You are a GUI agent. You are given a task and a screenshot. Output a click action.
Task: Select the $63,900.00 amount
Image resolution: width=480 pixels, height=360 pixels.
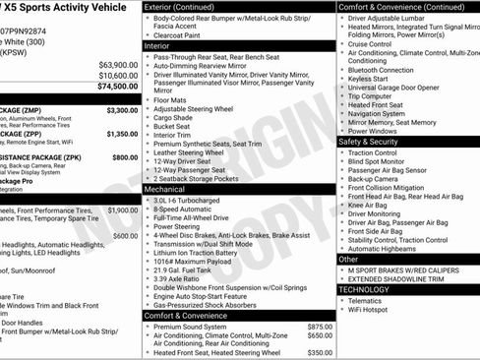coord(118,65)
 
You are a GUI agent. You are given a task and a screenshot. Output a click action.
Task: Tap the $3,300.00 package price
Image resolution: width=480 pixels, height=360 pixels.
coord(122,110)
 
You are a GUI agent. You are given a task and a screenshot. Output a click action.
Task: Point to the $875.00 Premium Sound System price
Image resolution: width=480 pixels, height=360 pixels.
coord(320,326)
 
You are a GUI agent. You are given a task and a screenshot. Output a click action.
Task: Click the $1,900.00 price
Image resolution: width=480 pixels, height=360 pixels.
coord(122,210)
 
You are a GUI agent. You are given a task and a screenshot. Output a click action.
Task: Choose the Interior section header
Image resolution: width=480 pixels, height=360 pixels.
coord(156,46)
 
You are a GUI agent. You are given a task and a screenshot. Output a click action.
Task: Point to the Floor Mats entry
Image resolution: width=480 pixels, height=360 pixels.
coord(171,99)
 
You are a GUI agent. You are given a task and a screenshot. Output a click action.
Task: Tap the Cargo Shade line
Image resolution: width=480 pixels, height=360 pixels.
coord(175,117)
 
